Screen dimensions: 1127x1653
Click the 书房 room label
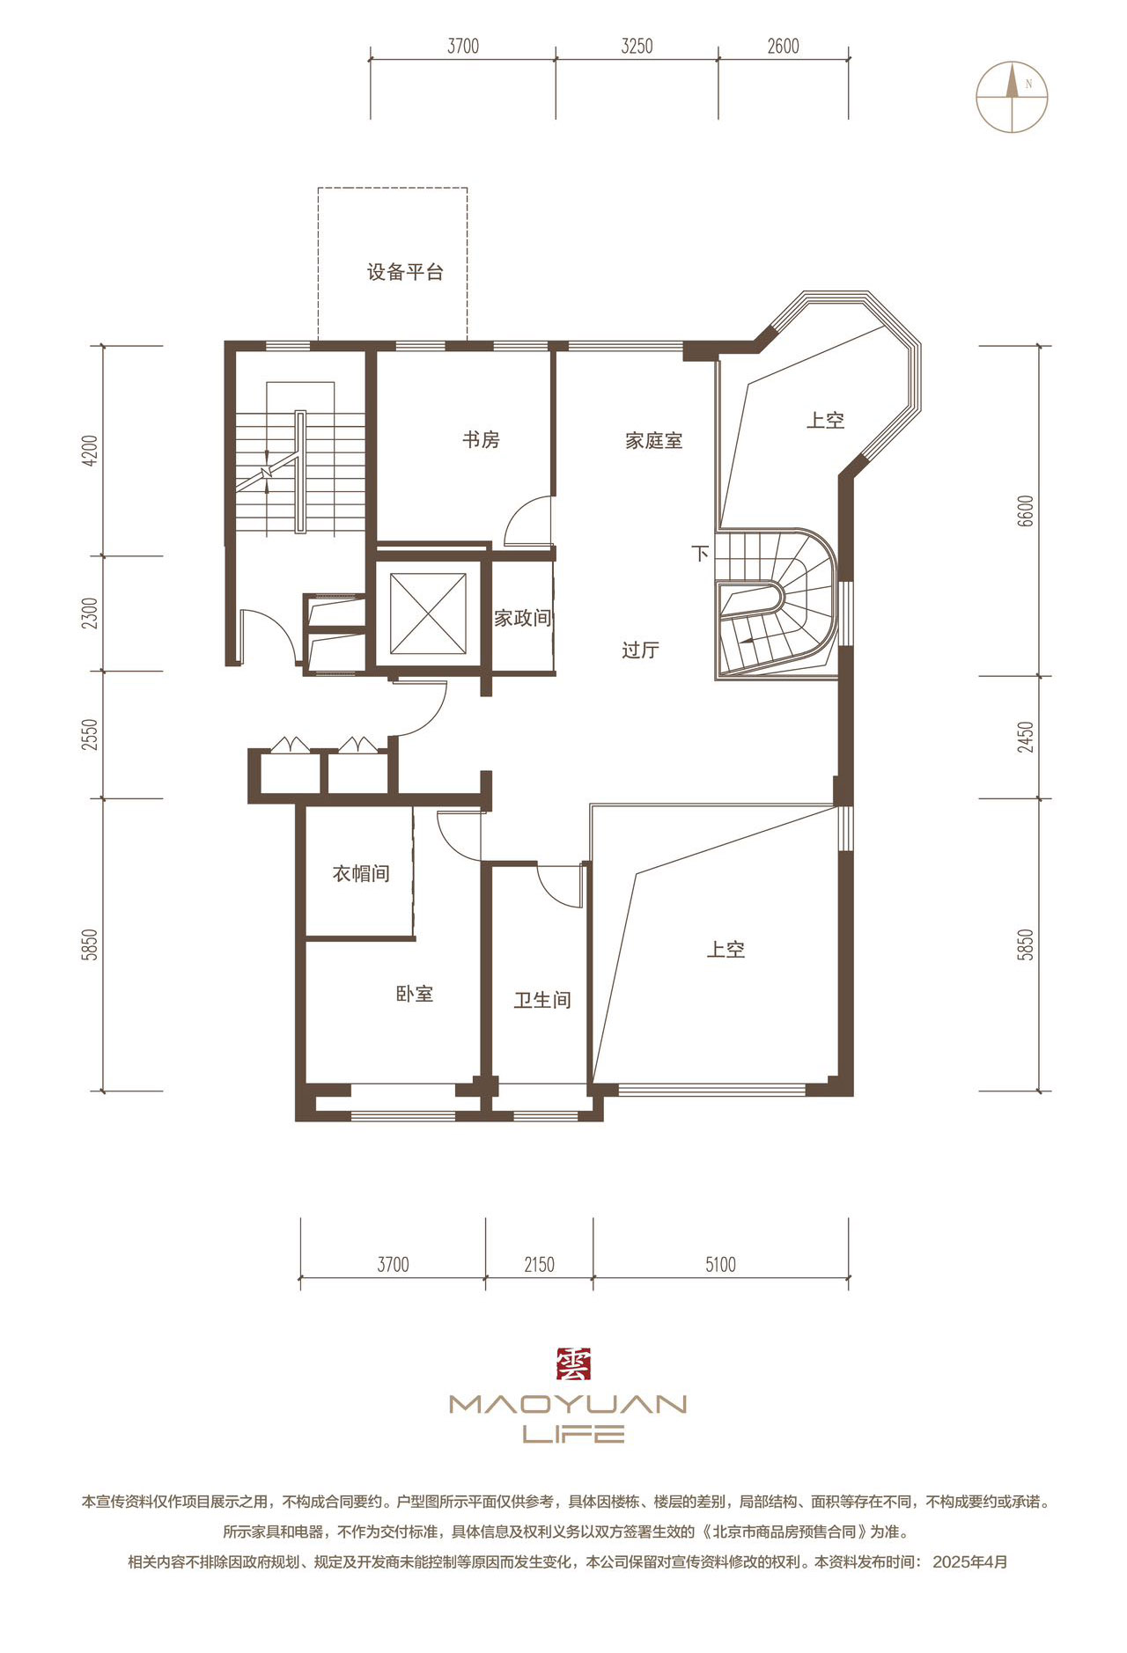481,439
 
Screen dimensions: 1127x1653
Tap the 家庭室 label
653,440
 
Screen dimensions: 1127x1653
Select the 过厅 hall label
640,650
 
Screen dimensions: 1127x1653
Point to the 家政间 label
522,618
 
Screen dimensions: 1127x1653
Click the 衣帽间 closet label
361,873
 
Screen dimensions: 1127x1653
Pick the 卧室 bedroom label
414,994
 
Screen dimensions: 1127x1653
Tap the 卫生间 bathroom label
542,1000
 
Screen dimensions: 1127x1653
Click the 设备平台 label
405,272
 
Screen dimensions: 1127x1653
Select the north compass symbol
1012,97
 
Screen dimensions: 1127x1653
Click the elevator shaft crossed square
428,613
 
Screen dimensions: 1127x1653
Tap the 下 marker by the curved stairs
700,554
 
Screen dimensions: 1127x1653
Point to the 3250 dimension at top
637,46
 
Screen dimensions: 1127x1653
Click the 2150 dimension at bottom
539,1265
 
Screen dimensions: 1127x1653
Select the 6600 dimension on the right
1025,511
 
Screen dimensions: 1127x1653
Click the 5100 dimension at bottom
720,1265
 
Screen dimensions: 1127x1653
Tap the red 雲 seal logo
573,1364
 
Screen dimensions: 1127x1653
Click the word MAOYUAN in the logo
568,1404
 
